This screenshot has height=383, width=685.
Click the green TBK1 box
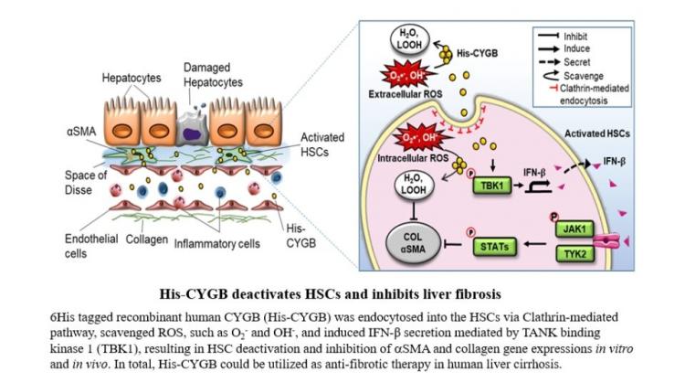[492, 186]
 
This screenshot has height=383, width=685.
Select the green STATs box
[494, 247]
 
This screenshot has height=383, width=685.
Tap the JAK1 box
[574, 229]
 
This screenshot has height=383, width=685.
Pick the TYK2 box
[574, 253]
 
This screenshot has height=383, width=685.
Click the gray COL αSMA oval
[413, 243]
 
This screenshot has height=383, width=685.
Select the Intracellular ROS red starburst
[419, 138]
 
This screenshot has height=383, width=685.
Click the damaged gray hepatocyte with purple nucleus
[192, 129]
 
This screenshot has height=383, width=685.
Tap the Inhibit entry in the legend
[563, 36]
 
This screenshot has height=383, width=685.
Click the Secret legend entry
[564, 62]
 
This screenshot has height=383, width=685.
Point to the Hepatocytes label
[132, 78]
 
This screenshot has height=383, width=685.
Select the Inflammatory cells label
[216, 243]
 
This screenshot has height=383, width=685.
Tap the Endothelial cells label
[90, 246]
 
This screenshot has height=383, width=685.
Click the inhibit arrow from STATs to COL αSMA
[453, 244]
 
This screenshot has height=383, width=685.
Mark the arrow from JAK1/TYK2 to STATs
[534, 244]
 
